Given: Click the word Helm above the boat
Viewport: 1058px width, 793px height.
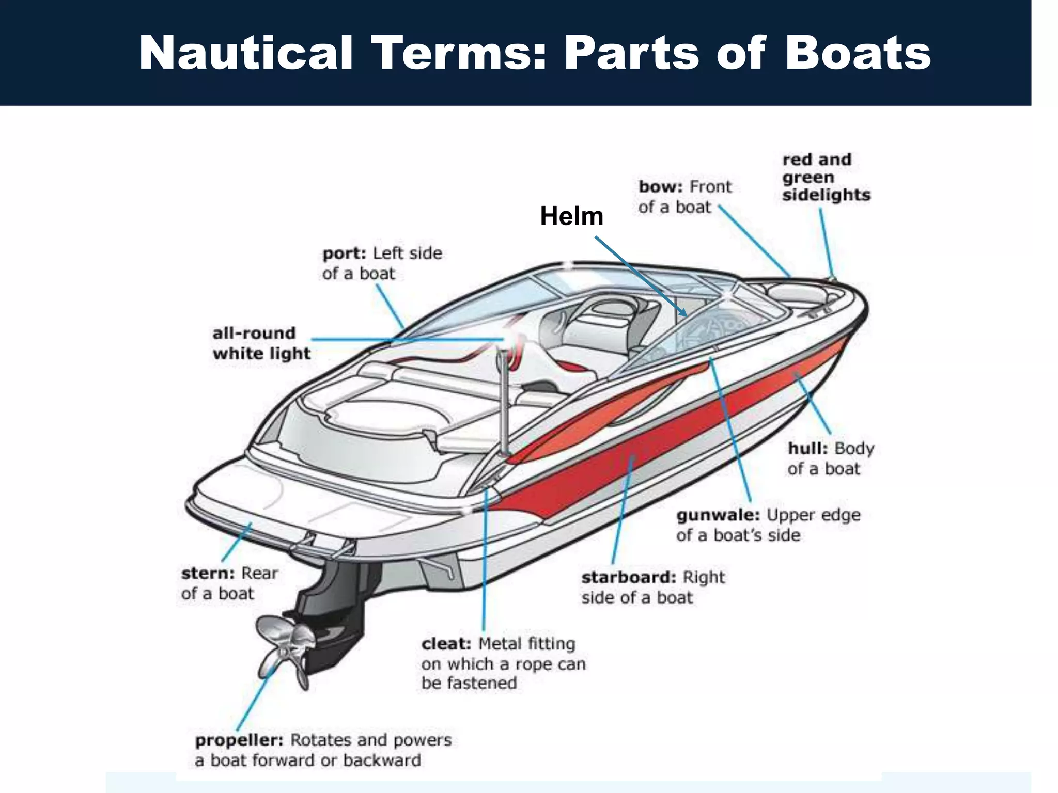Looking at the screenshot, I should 571,216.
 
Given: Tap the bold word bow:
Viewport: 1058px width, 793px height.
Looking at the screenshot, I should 661,187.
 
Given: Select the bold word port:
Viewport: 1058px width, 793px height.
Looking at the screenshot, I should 344,253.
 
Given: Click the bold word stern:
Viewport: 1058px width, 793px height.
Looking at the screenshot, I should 208,574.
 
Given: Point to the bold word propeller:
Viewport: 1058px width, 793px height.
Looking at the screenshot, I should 239,740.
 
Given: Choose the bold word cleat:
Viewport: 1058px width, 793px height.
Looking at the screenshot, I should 446,644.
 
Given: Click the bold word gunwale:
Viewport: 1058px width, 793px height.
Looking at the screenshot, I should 718,515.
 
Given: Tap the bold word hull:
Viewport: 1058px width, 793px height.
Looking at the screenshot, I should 807,448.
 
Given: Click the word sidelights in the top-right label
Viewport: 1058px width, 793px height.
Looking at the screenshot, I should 826,195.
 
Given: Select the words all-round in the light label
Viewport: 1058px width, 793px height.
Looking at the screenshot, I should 254,334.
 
